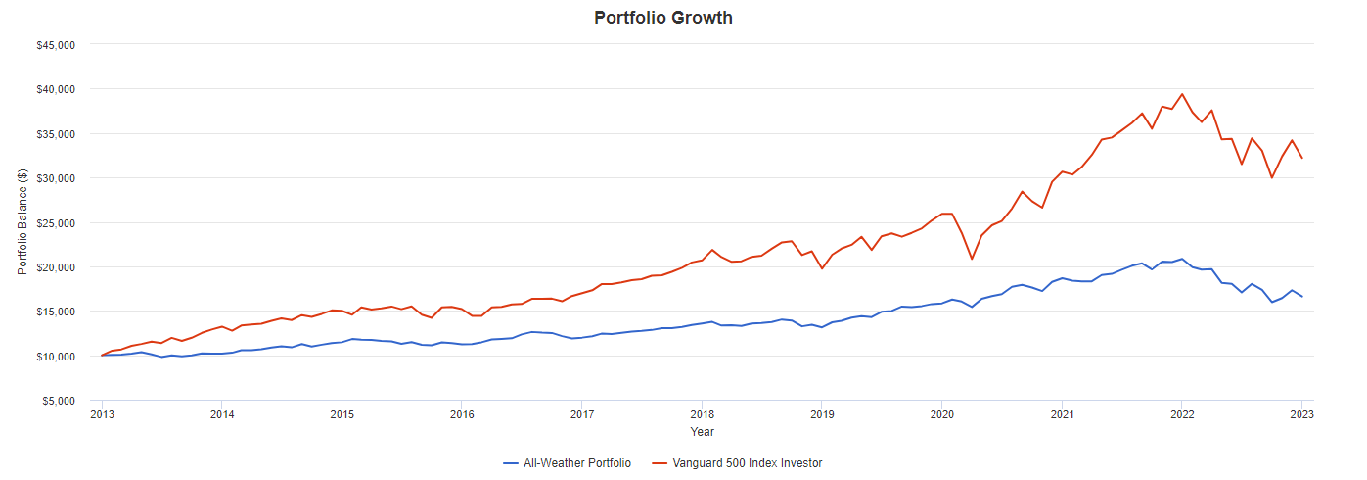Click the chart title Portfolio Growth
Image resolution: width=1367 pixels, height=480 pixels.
pyautogui.click(x=662, y=18)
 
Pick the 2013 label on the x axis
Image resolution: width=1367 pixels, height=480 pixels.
pyautogui.click(x=102, y=414)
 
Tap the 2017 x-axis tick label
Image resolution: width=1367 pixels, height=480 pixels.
pyautogui.click(x=581, y=414)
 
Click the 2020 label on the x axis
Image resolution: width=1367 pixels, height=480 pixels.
pyautogui.click(x=941, y=414)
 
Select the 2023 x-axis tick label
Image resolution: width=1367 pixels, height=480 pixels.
pyautogui.click(x=1301, y=414)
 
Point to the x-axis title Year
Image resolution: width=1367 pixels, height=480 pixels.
pyautogui.click(x=702, y=431)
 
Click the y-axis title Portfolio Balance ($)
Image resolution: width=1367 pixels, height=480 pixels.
pyautogui.click(x=22, y=222)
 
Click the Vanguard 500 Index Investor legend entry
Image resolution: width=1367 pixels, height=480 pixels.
pyautogui.click(x=747, y=463)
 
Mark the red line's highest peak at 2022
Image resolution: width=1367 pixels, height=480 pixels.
pyautogui.click(x=1182, y=94)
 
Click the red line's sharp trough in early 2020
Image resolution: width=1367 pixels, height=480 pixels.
pyautogui.click(x=972, y=259)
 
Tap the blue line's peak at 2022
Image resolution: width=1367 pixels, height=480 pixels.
pyautogui.click(x=1182, y=259)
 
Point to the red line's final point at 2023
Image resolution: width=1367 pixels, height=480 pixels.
pyautogui.click(x=1301, y=158)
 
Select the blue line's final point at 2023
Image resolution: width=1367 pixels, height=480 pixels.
pyautogui.click(x=1301, y=297)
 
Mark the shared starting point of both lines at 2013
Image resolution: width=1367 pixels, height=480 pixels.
pyautogui.click(x=102, y=356)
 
